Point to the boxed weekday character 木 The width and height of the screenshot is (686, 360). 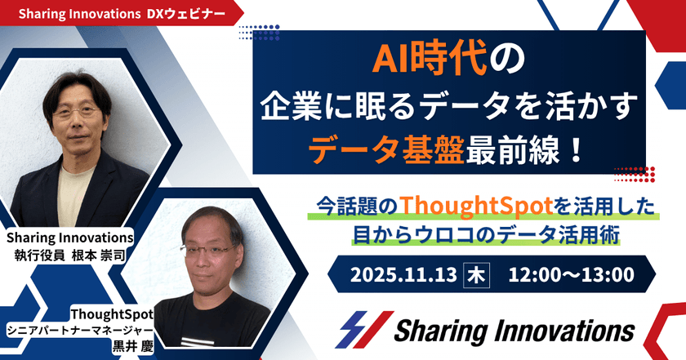tap(474, 274)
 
